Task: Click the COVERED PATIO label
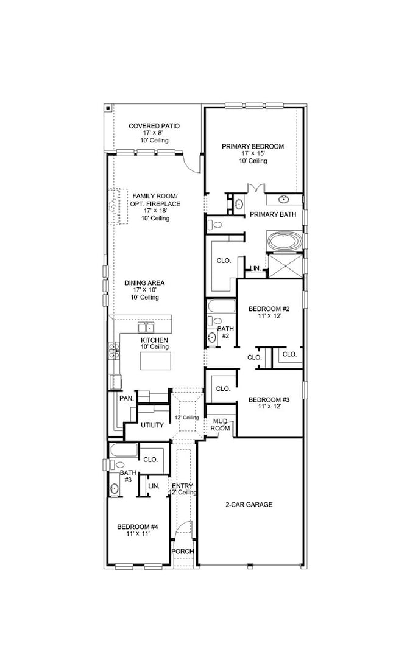click(154, 126)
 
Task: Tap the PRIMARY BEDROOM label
click(253, 146)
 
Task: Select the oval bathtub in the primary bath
click(284, 242)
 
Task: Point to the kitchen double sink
click(145, 328)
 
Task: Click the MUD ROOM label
click(220, 424)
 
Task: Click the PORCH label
click(182, 552)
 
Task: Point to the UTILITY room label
click(152, 425)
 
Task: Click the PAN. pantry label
click(126, 398)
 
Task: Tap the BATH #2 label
click(225, 332)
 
